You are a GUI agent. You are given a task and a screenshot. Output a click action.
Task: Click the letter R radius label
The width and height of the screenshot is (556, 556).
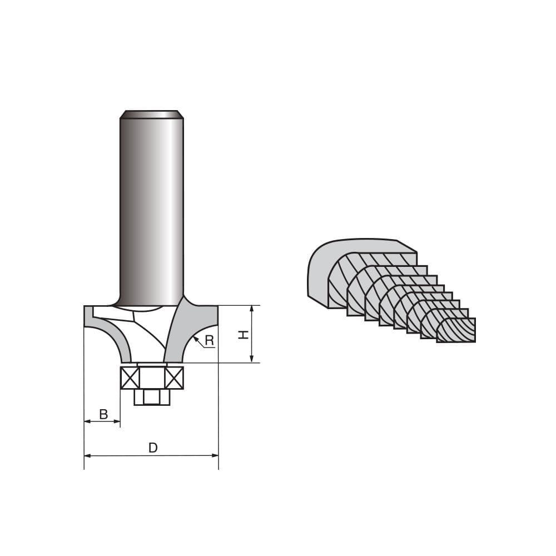[209, 340]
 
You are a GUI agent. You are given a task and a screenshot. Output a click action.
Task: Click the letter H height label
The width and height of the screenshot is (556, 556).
[243, 334]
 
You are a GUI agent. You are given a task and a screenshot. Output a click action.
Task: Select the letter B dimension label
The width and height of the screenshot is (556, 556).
[103, 414]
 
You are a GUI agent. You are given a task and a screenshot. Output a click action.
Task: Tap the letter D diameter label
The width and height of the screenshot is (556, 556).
[153, 448]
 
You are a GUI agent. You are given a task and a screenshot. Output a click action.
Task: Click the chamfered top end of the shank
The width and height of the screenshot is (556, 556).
[152, 115]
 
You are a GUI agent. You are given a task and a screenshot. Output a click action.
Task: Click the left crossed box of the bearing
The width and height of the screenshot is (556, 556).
[130, 378]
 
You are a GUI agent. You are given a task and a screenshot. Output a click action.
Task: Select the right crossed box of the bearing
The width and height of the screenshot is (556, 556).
[174, 378]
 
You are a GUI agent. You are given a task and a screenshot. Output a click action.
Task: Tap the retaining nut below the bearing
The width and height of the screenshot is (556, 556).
[152, 397]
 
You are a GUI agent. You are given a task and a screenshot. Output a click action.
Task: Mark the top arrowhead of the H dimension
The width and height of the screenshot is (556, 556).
[252, 308]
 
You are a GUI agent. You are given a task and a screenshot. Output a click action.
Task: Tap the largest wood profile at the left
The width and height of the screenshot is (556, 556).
[320, 272]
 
